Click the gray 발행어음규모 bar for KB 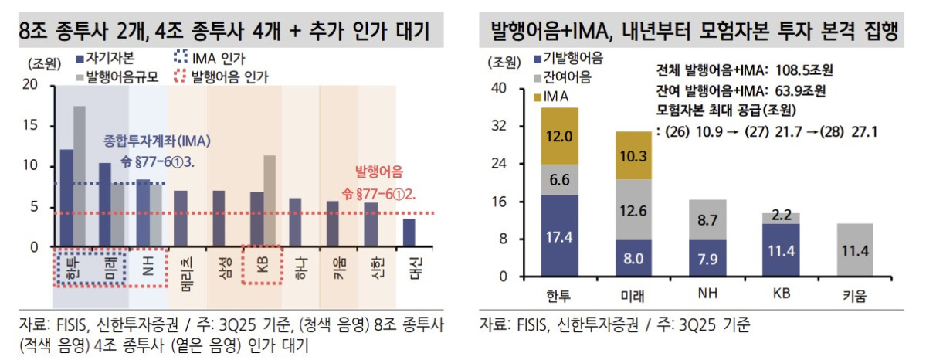pyautogui.click(x=269, y=201)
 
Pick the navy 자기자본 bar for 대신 pyautogui.click(x=409, y=233)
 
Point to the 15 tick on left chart pyautogui.click(x=34, y=125)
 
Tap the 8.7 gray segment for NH pyautogui.click(x=707, y=219)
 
